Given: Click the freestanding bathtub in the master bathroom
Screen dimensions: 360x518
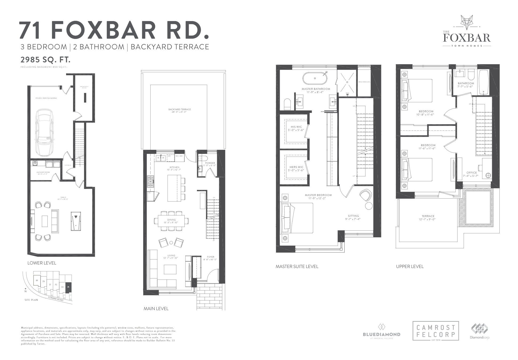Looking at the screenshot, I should [315, 78].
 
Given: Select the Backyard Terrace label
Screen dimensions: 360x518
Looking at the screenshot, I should [179, 109].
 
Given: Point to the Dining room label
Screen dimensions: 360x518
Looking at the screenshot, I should [172, 220].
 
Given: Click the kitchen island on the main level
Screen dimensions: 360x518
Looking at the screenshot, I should [174, 188].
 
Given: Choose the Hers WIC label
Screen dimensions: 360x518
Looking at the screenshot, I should [297, 167].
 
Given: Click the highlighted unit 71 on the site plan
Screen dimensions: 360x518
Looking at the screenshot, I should [68, 287].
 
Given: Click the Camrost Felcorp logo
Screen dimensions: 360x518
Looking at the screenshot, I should [436, 331].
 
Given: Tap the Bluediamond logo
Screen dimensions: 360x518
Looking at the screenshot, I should [382, 331].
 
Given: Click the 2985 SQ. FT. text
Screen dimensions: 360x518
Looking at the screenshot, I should [46, 59].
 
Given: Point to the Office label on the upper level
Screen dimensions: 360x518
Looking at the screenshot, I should [472, 173].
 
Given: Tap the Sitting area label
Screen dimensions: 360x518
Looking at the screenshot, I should [353, 216].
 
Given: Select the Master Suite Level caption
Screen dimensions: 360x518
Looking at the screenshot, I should [297, 266].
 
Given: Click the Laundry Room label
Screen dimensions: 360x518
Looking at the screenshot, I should [43, 172].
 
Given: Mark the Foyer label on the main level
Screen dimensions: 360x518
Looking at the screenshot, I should [211, 257].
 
